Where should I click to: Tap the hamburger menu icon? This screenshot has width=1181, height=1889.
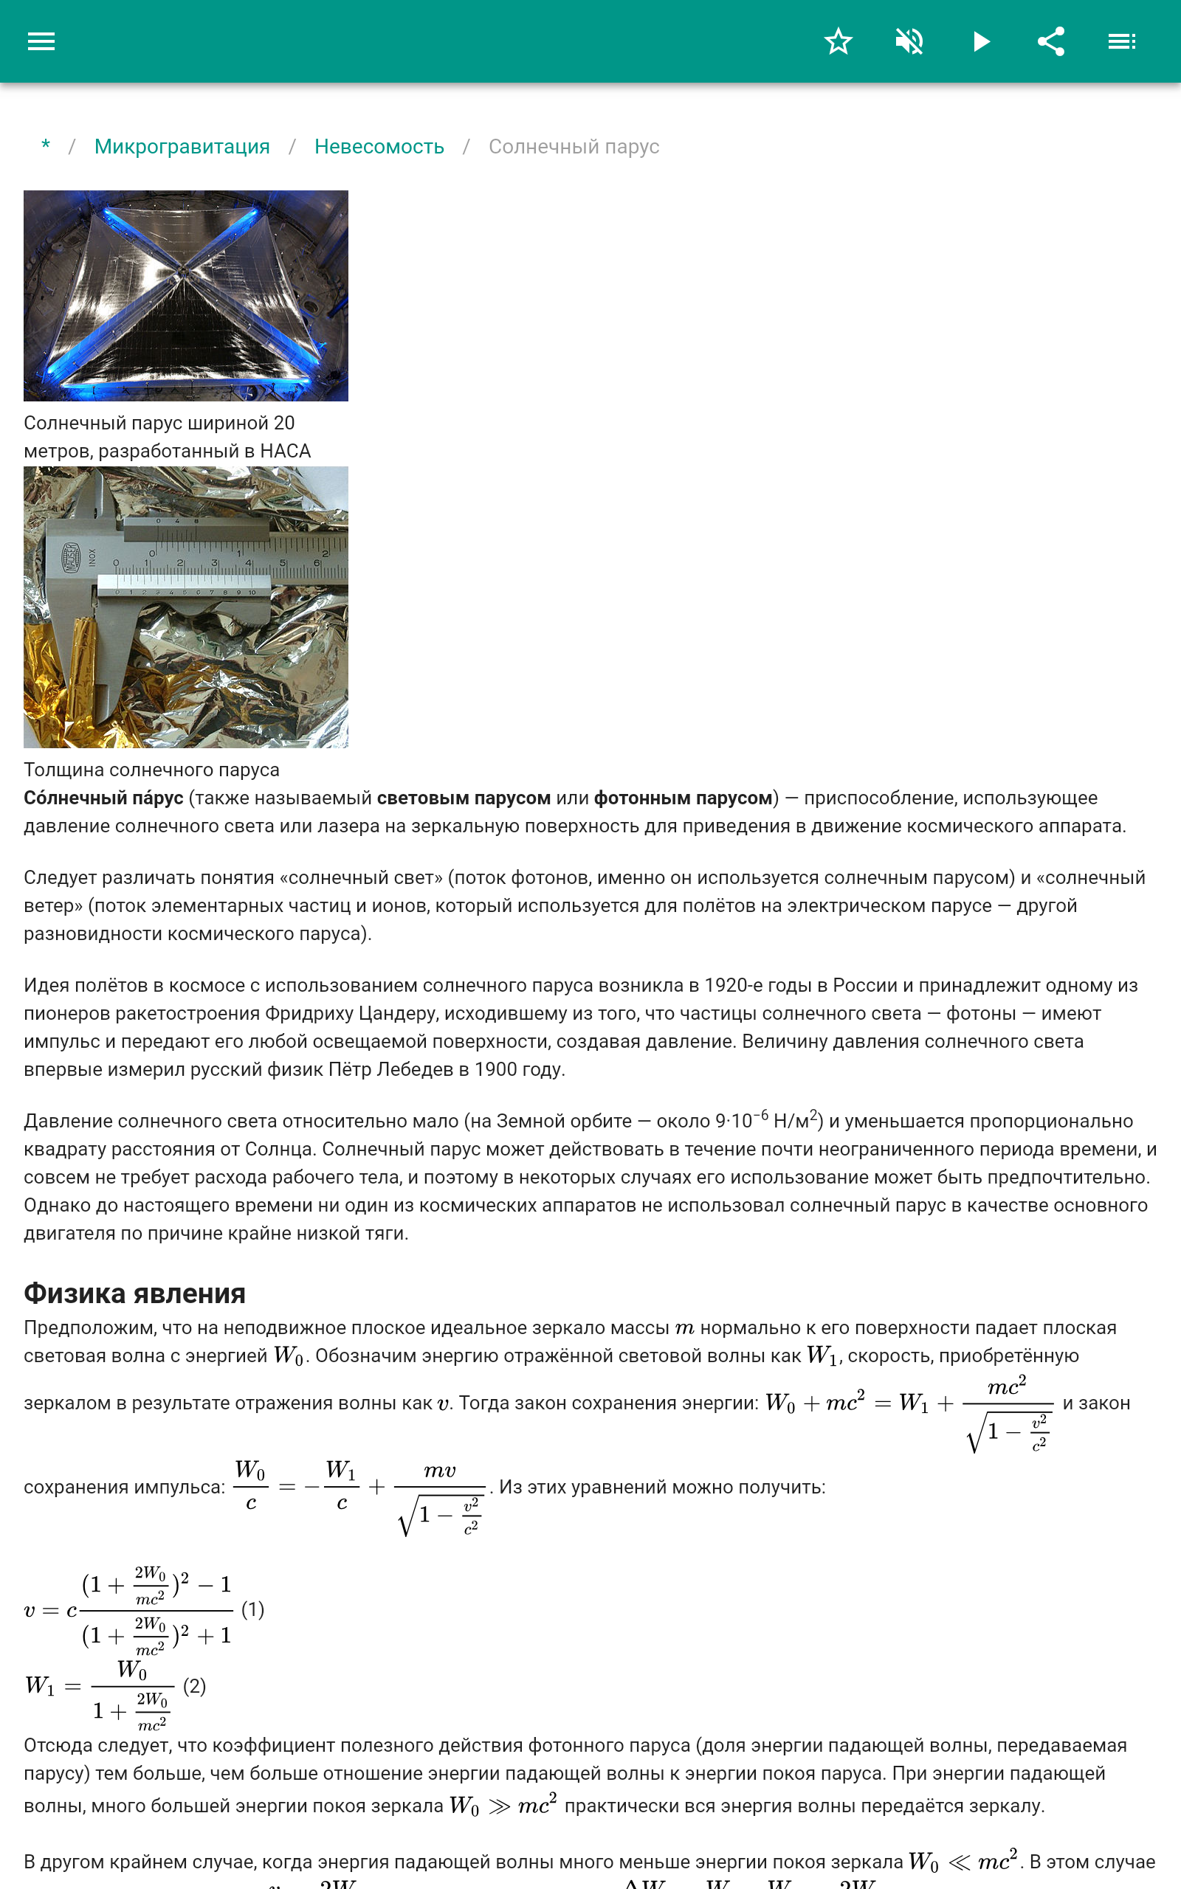[41, 41]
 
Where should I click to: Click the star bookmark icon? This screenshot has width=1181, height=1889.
[838, 41]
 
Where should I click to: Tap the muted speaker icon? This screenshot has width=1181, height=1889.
[909, 41]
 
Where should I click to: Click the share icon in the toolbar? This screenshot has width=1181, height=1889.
[1051, 41]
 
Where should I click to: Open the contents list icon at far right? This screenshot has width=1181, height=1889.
[1122, 41]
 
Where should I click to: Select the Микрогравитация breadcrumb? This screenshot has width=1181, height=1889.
[182, 147]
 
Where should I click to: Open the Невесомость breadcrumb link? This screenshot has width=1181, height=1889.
[379, 147]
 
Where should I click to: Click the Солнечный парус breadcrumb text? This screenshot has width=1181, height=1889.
[574, 147]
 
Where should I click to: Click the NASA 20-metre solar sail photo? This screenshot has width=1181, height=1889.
[186, 295]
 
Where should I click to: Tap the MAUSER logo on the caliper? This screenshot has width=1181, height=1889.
[72, 557]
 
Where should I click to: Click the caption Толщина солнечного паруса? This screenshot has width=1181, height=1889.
[151, 770]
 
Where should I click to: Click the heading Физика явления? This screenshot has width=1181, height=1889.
[134, 1294]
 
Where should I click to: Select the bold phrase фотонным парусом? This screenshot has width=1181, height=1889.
[684, 798]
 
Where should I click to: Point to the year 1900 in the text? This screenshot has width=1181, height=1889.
[495, 1069]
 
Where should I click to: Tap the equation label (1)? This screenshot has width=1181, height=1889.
[252, 1609]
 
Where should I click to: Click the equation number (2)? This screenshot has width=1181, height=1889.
[194, 1686]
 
